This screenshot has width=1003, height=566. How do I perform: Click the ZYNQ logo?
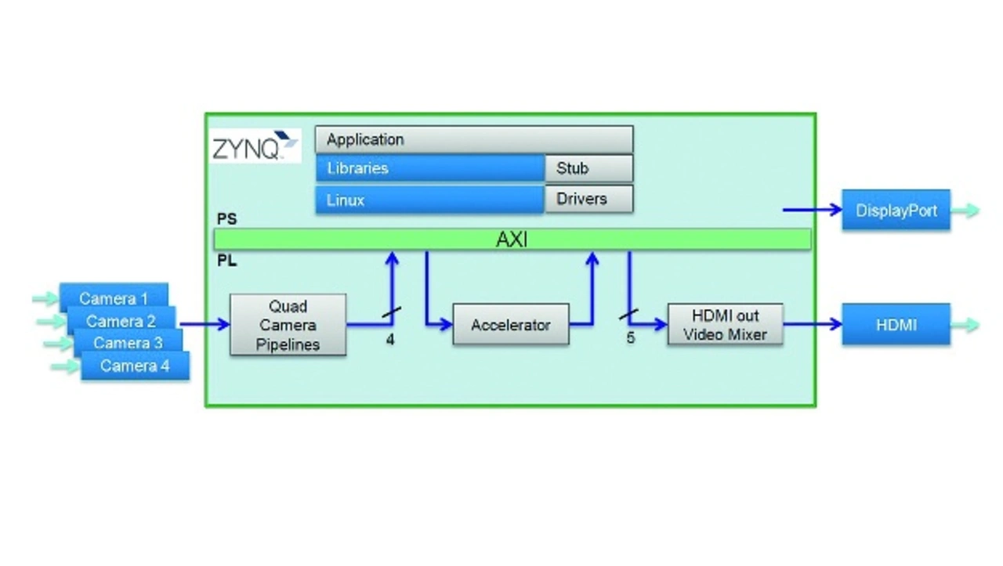pos(255,146)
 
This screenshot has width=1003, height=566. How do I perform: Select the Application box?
pos(474,139)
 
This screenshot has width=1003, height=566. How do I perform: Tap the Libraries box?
pos(430,168)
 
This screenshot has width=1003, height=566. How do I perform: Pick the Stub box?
pos(589,168)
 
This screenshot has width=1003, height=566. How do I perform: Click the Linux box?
pos(430,200)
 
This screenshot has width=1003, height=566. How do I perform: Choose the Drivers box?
pos(589,199)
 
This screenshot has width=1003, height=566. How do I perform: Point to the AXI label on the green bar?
pos(512,240)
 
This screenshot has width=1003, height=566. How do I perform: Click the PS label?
pos(226,218)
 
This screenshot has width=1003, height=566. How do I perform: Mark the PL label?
pos(226,261)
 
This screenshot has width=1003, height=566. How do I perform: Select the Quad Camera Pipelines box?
pos(288,325)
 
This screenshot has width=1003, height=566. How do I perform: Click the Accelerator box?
pos(511,324)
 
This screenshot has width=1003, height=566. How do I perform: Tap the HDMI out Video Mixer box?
pos(726,324)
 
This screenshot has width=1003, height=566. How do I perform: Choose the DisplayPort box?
pos(896,210)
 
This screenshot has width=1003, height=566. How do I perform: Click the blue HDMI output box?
pos(896,324)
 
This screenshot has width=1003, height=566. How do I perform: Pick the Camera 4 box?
pos(135,366)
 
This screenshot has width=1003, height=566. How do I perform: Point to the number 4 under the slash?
pos(390,340)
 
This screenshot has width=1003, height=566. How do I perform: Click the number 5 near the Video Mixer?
pos(631,338)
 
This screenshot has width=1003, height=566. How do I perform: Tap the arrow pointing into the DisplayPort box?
pos(813,210)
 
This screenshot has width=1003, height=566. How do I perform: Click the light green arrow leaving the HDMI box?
pos(965,325)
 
